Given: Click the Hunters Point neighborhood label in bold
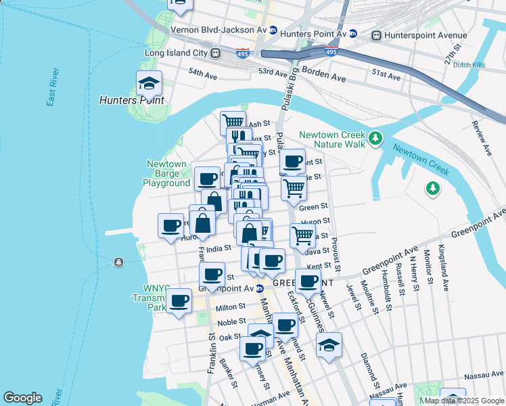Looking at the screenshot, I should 131,100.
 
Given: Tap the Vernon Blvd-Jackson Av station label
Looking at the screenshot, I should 218,30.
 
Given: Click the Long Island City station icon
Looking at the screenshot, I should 215,53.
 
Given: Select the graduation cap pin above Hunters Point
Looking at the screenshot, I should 149,85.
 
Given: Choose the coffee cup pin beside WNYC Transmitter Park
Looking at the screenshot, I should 179,300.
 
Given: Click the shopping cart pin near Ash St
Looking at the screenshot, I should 233,122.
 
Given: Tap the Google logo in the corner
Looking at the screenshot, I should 22,398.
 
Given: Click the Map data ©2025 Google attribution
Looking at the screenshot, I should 463,401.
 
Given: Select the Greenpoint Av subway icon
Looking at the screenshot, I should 258,289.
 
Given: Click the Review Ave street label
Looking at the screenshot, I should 482,139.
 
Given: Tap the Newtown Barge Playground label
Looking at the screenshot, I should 166,174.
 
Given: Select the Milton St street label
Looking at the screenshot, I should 230,308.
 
